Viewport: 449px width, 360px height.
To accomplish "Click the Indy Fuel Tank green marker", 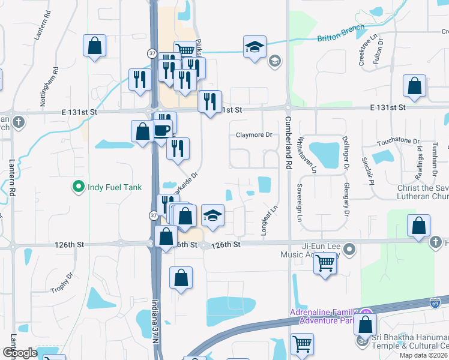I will (x=77, y=187).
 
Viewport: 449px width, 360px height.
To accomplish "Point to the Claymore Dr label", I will (x=254, y=135).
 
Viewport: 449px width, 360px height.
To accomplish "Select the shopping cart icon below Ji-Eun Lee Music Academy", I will (x=325, y=263).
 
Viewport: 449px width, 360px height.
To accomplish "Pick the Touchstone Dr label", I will (x=398, y=142).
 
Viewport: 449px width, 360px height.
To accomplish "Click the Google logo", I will (x=20, y=353).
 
